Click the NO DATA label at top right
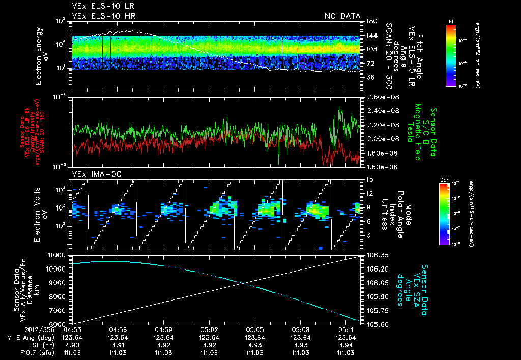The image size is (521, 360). click(342, 16)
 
